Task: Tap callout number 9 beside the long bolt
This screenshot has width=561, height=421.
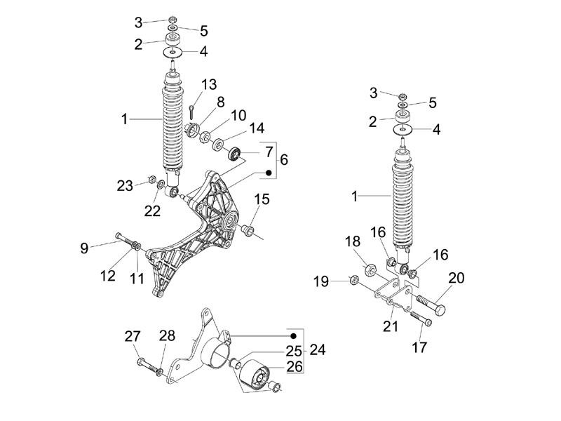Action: pyautogui.click(x=84, y=246)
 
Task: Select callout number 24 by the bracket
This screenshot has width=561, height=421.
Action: pyautogui.click(x=318, y=349)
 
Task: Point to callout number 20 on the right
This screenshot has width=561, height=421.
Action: pyautogui.click(x=456, y=278)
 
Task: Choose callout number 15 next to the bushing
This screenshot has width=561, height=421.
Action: pyautogui.click(x=261, y=200)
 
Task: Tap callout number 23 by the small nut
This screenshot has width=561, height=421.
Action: pyautogui.click(x=124, y=185)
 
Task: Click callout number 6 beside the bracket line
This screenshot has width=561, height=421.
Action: pyautogui.click(x=284, y=160)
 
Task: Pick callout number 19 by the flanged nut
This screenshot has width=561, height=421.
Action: pyautogui.click(x=321, y=282)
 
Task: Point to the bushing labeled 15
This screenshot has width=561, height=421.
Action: pyautogui.click(x=248, y=230)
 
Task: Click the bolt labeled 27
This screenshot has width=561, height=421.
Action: pyautogui.click(x=145, y=363)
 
